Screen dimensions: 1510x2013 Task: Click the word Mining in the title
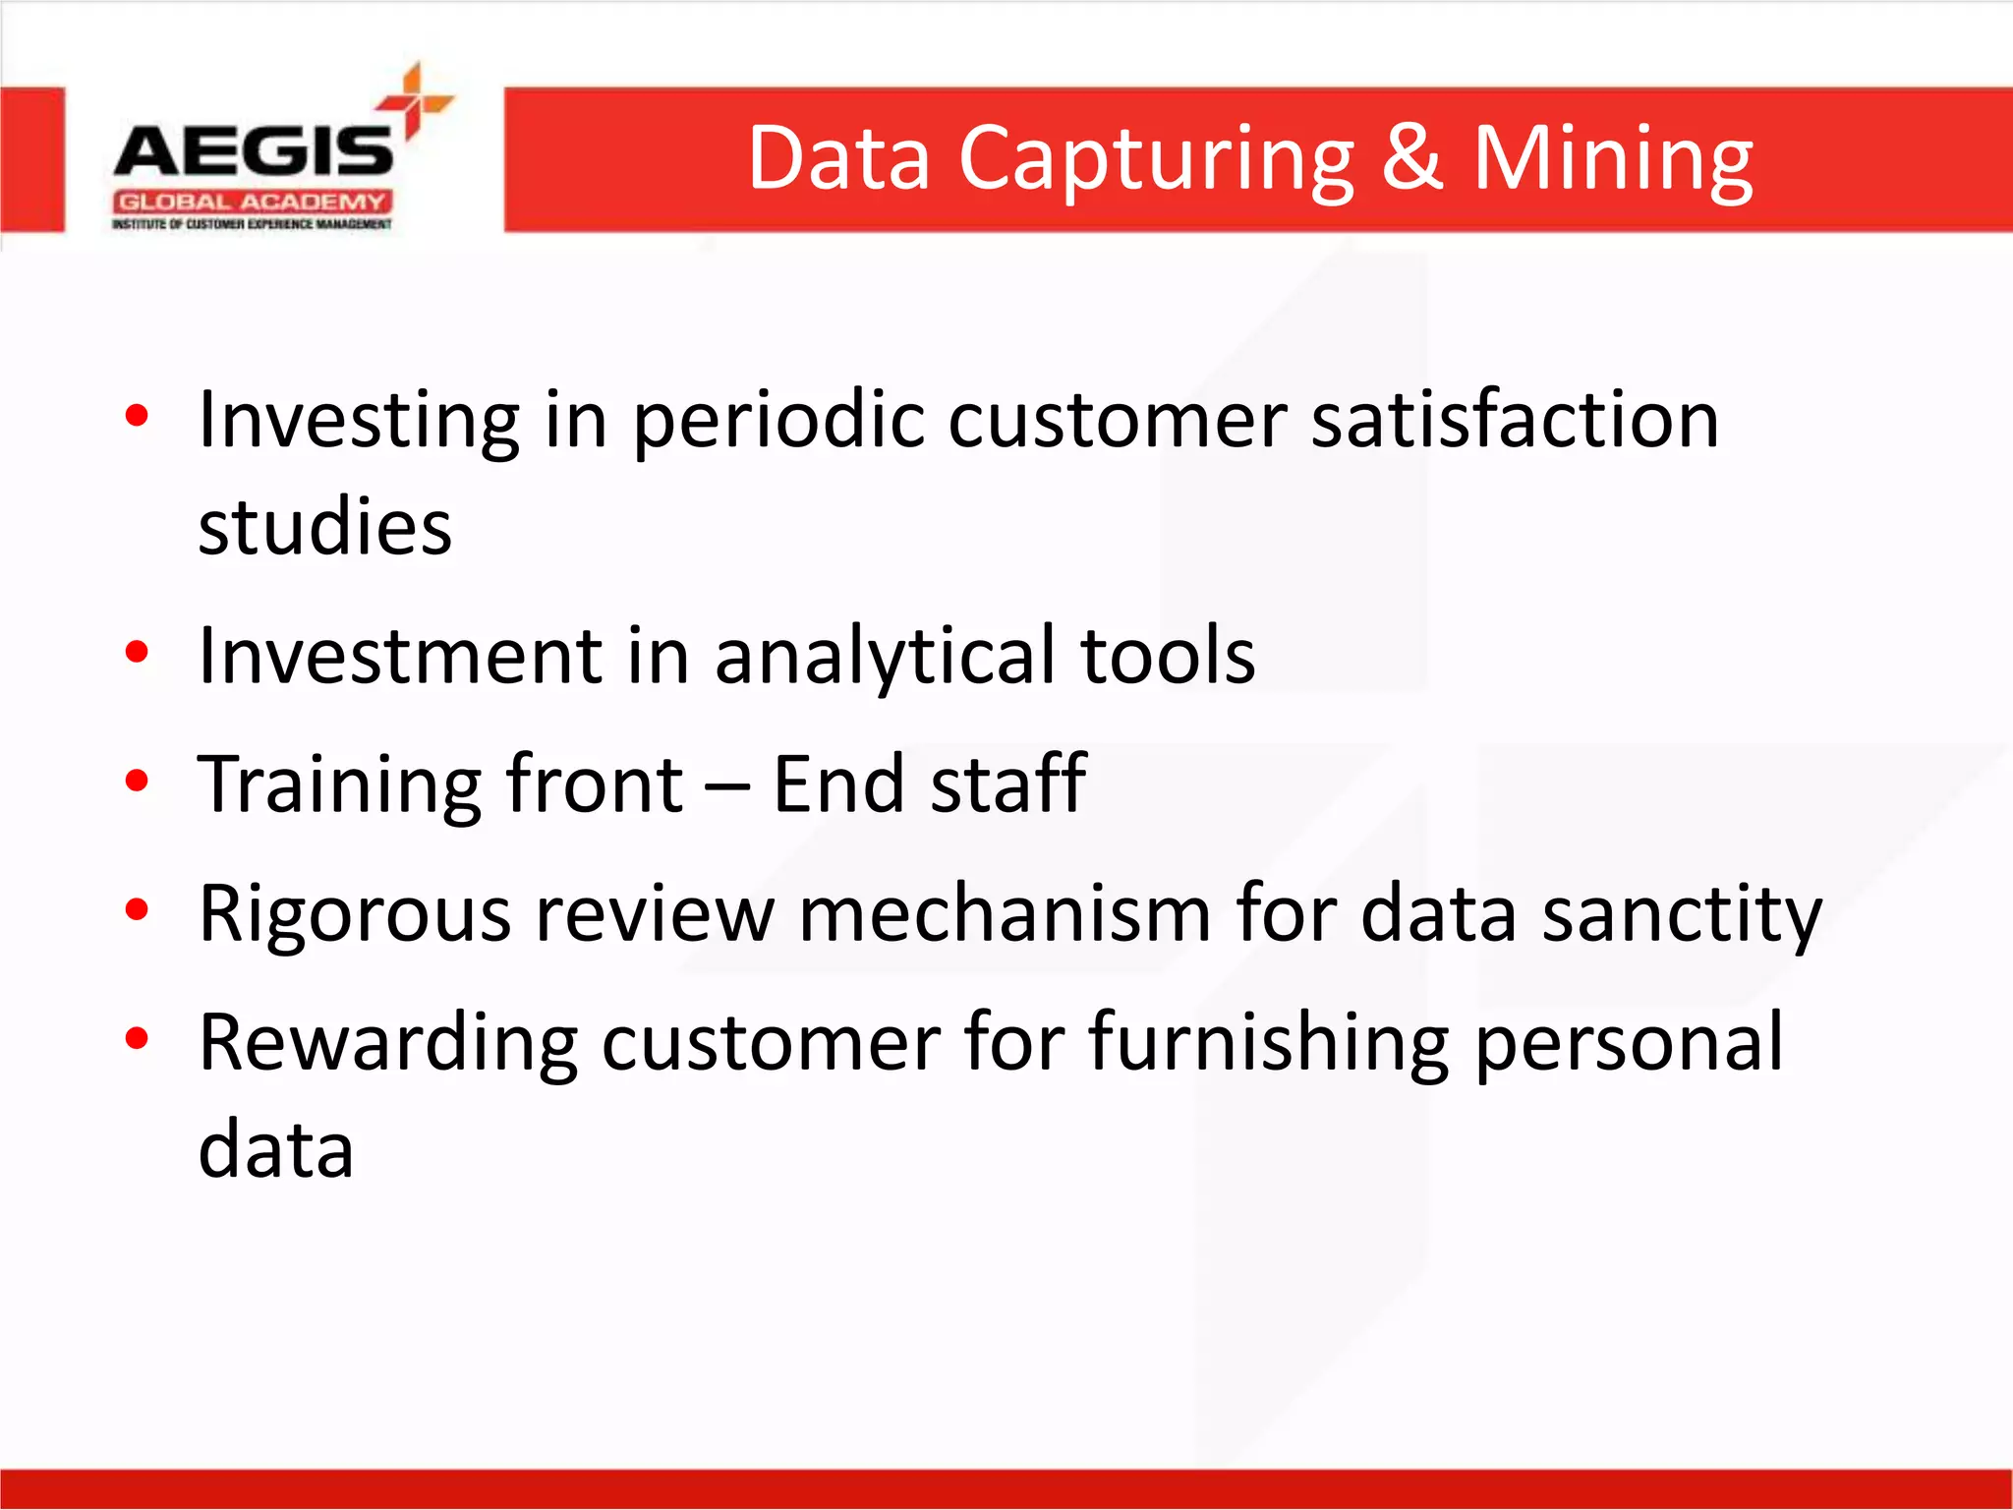(1612, 159)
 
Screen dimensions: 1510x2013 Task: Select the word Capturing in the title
(1156, 159)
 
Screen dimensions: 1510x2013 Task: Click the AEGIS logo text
(254, 152)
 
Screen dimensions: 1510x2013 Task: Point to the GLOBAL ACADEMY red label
(253, 203)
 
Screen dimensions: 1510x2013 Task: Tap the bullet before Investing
(137, 416)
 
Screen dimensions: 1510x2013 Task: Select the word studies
(324, 527)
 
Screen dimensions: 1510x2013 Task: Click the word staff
(1007, 784)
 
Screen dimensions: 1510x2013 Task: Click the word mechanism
(1005, 913)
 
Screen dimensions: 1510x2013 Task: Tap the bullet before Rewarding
(137, 1038)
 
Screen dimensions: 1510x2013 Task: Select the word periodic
(777, 422)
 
